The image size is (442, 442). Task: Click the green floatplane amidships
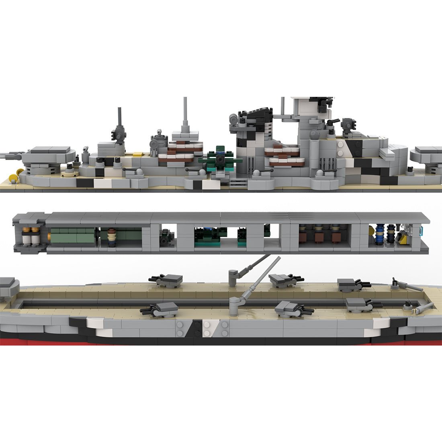point(219,160)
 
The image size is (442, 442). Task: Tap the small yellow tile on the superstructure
point(137,153)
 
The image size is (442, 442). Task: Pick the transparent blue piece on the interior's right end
point(422,231)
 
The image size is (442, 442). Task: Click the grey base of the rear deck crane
point(233,277)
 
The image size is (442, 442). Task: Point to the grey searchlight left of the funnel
point(233,119)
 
